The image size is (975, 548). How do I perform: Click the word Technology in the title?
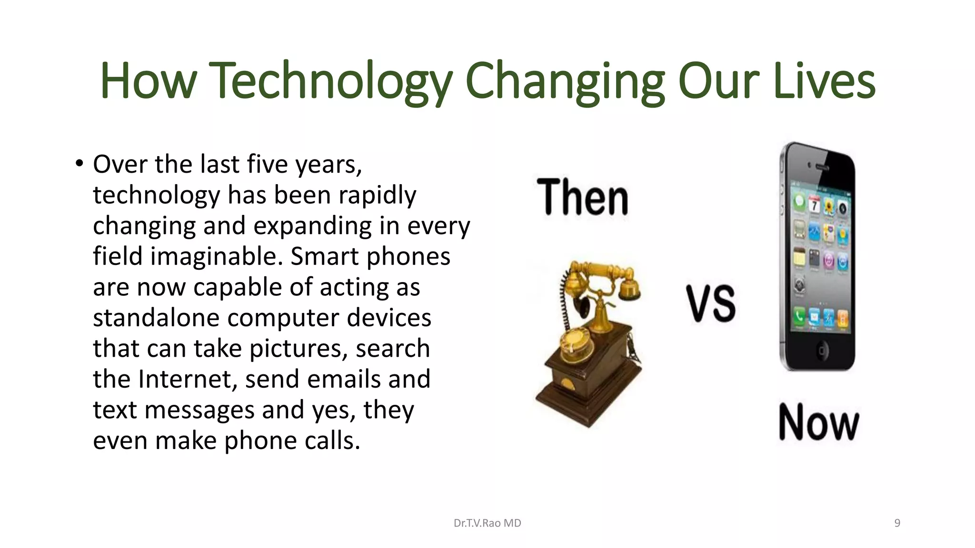click(x=330, y=82)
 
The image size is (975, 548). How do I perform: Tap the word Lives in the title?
click(x=825, y=82)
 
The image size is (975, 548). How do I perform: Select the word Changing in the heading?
click(x=565, y=82)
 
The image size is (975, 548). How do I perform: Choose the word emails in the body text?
click(x=344, y=379)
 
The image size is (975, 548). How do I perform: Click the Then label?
click(x=583, y=197)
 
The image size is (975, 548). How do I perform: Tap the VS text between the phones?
click(x=711, y=303)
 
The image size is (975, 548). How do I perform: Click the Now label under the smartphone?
click(x=819, y=422)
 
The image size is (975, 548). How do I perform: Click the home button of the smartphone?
click(x=821, y=351)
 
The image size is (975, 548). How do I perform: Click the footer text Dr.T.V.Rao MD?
click(x=487, y=523)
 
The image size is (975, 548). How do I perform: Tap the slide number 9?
click(x=897, y=523)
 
